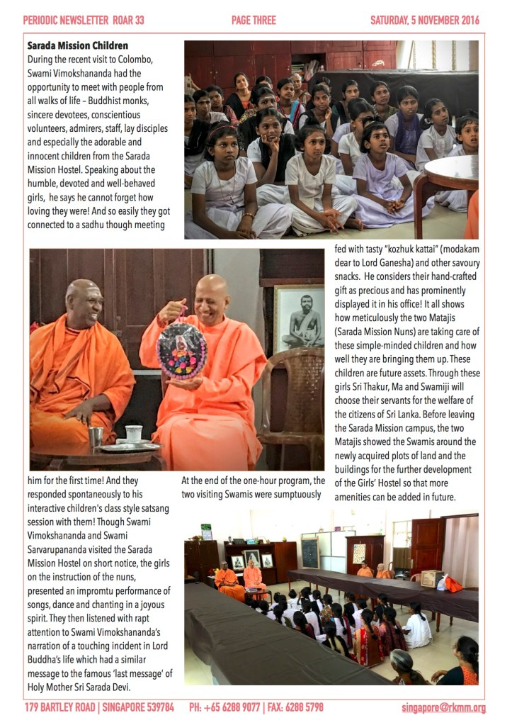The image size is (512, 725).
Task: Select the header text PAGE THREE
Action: pos(254,21)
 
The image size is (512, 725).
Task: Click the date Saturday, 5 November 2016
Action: pos(428,21)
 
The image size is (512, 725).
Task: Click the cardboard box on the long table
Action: pos(431,578)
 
